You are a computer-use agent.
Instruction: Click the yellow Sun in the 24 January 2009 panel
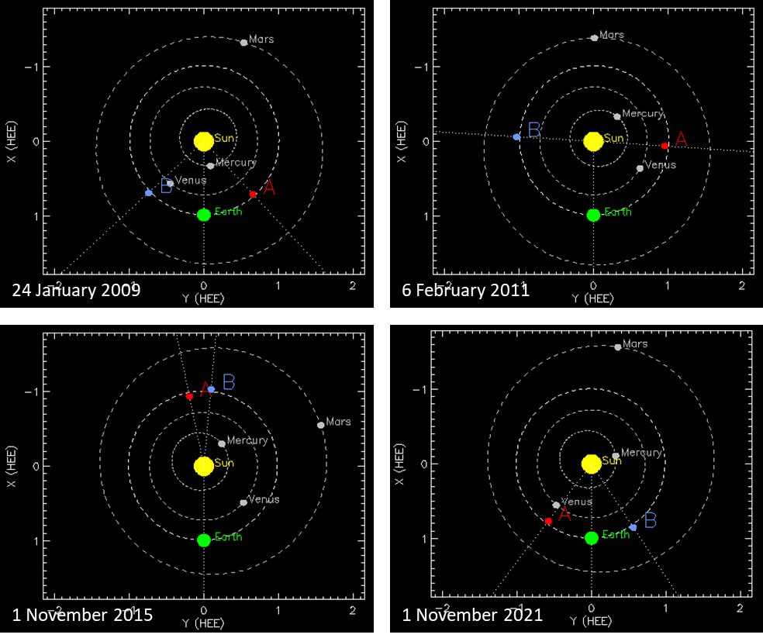tap(203, 140)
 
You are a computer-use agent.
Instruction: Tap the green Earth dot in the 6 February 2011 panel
tap(593, 215)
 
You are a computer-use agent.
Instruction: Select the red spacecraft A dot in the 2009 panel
tap(253, 194)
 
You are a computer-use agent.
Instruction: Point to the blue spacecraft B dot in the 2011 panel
tap(517, 136)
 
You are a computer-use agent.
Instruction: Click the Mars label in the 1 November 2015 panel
tap(338, 422)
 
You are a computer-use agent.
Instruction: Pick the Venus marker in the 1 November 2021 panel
tap(556, 505)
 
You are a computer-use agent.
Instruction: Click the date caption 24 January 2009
tap(77, 291)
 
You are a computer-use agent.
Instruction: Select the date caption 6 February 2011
tap(465, 291)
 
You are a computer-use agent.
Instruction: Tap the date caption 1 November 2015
tap(82, 616)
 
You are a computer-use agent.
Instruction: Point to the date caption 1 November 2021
tap(472, 616)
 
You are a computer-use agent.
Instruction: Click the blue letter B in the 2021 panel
tap(650, 521)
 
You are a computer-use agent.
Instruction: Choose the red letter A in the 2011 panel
tap(681, 139)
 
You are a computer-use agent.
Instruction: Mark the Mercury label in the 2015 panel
tap(247, 440)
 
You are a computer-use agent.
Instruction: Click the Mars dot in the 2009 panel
tap(243, 43)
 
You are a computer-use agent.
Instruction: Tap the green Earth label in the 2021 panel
tap(616, 535)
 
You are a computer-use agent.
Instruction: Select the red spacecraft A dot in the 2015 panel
tap(189, 396)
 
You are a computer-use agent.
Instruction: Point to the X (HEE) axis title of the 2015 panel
tap(13, 466)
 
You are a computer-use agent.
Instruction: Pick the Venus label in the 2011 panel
tap(661, 165)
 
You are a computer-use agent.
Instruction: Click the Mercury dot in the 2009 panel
tap(210, 166)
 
